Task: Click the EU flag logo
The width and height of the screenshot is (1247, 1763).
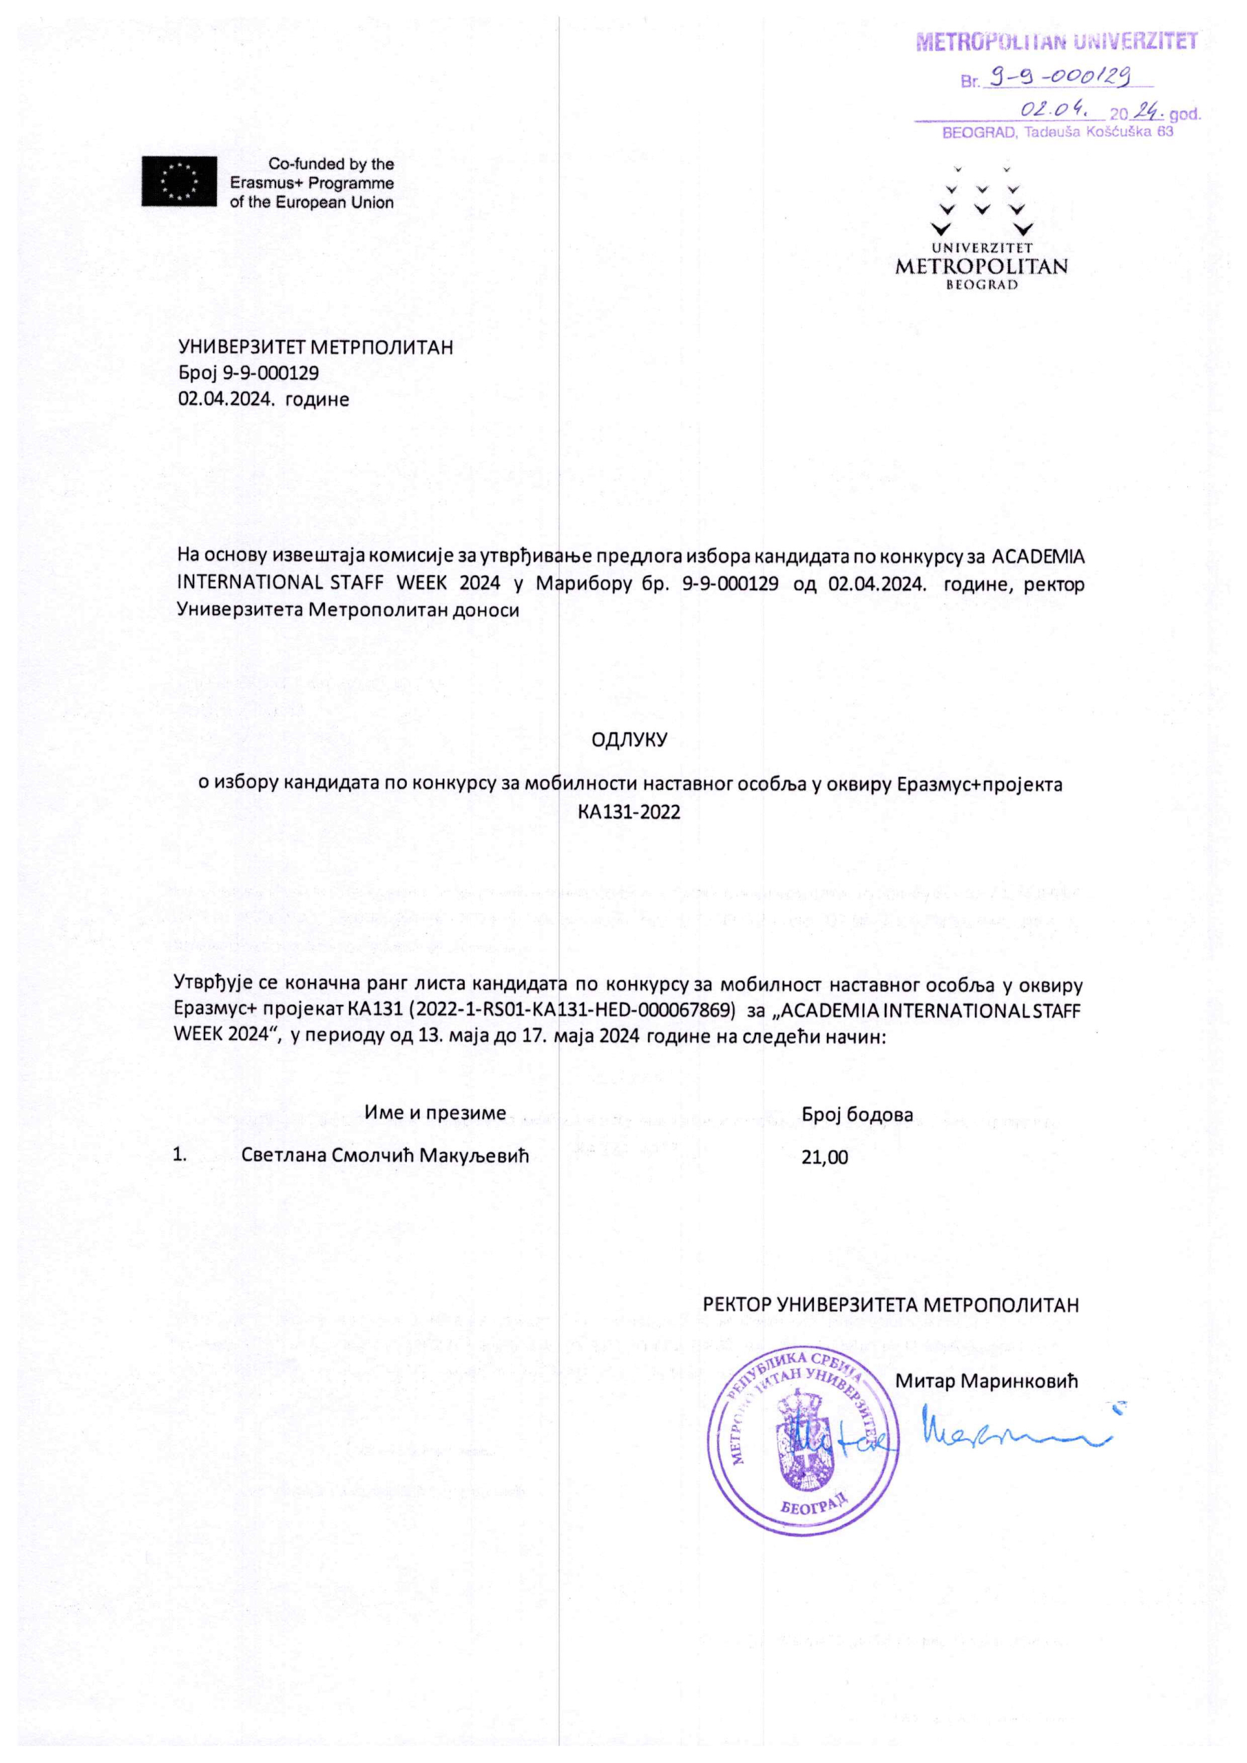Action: [179, 181]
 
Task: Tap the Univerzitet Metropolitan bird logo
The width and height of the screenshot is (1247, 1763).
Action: [981, 201]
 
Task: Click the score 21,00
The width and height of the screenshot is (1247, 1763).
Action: [824, 1157]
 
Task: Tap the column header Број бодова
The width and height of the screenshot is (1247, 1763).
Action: [857, 1114]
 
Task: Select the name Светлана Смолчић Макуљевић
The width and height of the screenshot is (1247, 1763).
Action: [386, 1155]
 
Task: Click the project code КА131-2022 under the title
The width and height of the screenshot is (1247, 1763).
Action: [629, 812]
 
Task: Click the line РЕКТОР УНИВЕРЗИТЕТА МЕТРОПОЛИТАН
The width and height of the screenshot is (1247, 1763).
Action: [891, 1304]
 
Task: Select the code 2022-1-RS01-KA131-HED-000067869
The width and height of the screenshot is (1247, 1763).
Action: [575, 1010]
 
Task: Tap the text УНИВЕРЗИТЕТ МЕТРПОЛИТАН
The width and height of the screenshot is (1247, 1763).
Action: [315, 347]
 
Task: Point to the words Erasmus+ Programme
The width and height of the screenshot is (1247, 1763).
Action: [312, 183]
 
